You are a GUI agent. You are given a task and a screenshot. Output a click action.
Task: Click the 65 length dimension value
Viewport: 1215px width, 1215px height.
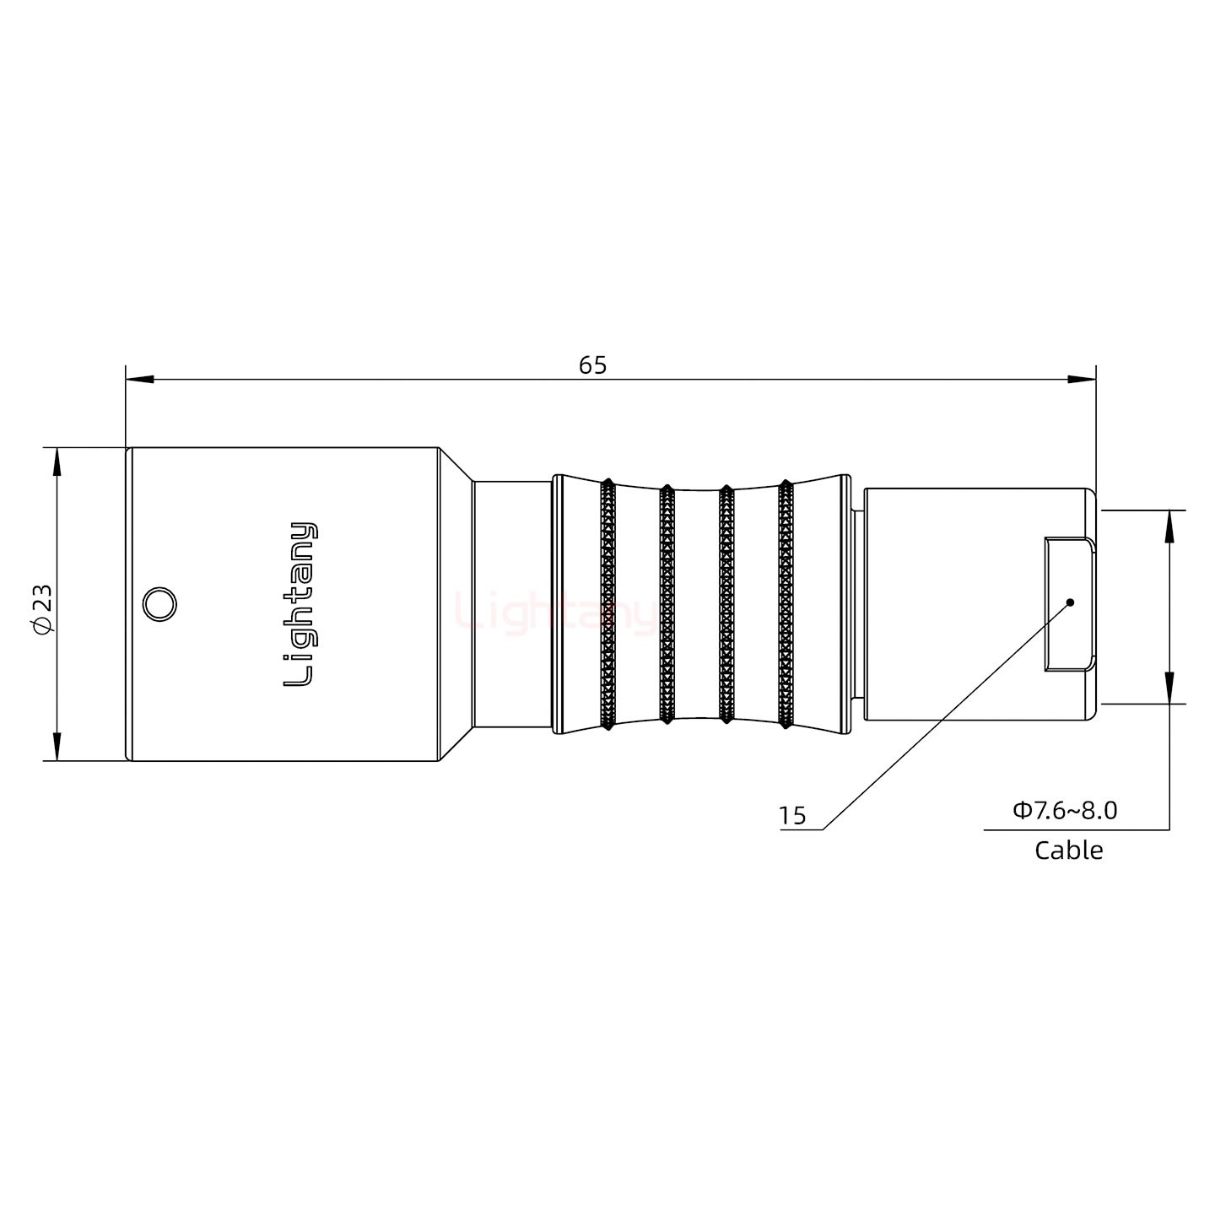click(592, 365)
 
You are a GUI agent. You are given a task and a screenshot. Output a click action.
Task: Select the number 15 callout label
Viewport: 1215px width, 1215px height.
click(791, 816)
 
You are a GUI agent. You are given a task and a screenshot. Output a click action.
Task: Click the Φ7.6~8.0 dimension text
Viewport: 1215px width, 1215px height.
click(1065, 811)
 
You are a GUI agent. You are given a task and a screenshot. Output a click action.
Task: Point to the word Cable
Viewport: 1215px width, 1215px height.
click(1068, 850)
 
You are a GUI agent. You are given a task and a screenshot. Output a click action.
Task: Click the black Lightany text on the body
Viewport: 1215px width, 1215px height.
click(300, 604)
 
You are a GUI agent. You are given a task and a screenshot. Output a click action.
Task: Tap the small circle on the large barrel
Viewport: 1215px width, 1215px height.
click(159, 605)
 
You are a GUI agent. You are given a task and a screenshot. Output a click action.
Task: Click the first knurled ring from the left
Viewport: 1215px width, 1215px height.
click(607, 604)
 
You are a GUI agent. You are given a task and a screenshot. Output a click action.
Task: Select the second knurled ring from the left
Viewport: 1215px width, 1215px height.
click(666, 604)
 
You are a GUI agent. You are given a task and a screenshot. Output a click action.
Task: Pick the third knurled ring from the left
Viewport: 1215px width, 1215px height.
click(725, 604)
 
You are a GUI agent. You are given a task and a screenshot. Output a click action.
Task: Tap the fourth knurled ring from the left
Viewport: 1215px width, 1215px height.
click(785, 604)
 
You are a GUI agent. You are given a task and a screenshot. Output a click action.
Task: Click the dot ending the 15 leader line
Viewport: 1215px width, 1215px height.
click(1070, 602)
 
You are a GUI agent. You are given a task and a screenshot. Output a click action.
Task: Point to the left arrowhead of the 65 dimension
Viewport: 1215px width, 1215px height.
click(140, 380)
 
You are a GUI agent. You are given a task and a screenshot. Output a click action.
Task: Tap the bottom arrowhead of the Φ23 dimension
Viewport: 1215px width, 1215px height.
click(57, 747)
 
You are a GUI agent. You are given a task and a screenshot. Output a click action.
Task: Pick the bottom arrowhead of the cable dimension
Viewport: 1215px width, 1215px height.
click(1169, 688)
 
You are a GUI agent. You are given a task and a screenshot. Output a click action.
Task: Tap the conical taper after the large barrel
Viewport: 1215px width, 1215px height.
click(456, 604)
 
